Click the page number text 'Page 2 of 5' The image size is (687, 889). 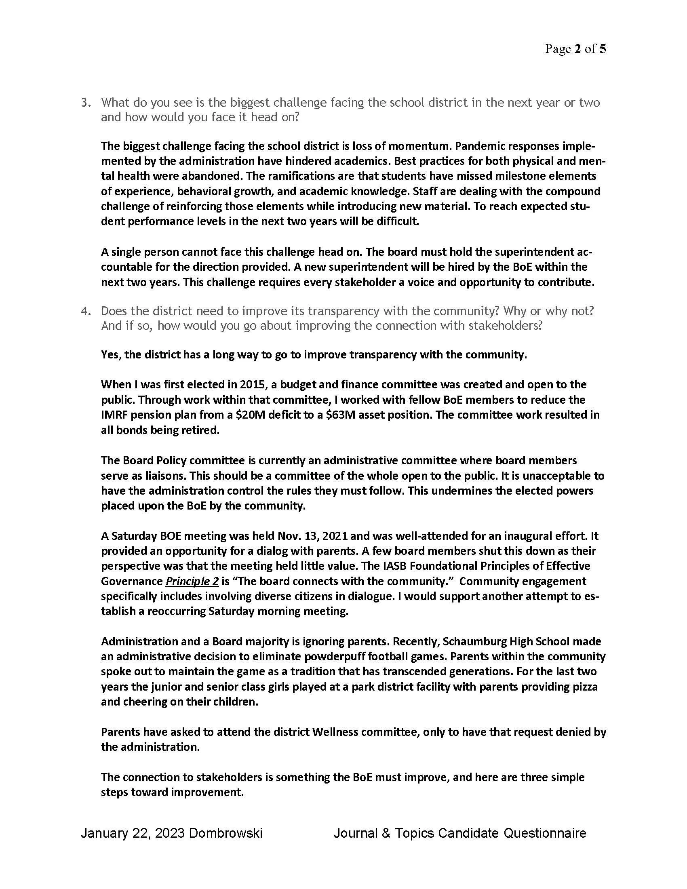[x=575, y=49]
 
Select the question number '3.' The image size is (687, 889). [x=86, y=103]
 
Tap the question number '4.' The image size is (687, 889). [x=86, y=311]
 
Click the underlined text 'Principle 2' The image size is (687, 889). [x=192, y=581]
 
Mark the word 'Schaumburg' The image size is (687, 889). [x=471, y=642]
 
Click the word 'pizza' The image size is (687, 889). [x=584, y=687]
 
